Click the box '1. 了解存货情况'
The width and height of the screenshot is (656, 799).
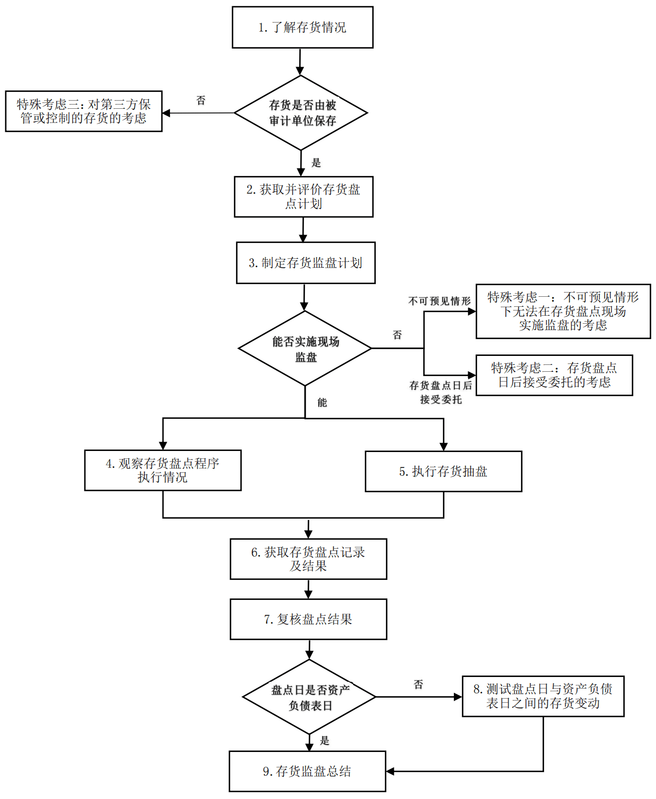pos(302,27)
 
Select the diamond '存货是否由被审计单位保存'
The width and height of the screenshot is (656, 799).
pos(301,113)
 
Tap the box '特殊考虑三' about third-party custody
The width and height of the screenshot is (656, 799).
pos(83,111)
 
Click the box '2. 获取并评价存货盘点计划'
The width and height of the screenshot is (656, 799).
pos(303,196)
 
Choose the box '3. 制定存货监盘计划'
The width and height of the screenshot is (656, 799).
pos(306,263)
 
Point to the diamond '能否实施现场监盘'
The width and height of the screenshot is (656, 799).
pos(305,349)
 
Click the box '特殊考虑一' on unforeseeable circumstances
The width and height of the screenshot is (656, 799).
pos(563,311)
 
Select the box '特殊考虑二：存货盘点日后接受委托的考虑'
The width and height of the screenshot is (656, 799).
pos(554,375)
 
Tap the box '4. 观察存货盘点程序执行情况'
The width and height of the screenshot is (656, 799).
pos(163,470)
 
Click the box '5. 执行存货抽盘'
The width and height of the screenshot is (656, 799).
pos(443,472)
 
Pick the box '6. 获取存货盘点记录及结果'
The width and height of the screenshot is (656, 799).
pos(308,559)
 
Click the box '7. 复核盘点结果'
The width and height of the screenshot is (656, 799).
pos(308,619)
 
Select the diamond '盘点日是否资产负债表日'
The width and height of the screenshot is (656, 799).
pos(309,697)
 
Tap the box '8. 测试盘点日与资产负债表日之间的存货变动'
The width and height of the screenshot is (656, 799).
pos(543,696)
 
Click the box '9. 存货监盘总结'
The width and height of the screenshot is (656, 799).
pos(307,771)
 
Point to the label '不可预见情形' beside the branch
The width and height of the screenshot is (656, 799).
pos(439,301)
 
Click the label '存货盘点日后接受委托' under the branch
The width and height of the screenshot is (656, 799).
pos(441,392)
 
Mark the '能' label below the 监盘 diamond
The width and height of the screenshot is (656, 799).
pos(322,402)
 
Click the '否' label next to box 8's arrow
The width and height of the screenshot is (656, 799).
pos(419,684)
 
